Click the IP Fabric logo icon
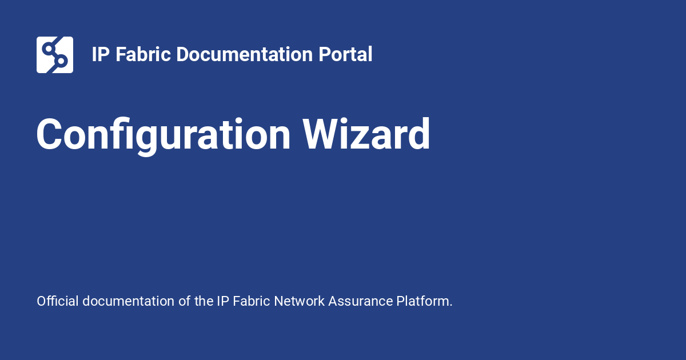(55, 55)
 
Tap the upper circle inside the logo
(48, 49)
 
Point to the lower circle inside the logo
(61, 61)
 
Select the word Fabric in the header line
(143, 54)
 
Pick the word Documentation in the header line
(245, 54)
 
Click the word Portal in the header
(345, 54)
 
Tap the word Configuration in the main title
(163, 135)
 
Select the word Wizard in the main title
(366, 134)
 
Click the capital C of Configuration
(49, 134)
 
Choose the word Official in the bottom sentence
(58, 301)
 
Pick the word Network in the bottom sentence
(299, 301)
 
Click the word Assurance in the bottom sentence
(361, 301)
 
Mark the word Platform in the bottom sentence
(423, 301)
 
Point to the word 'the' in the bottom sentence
(204, 301)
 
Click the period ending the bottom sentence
(451, 306)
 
